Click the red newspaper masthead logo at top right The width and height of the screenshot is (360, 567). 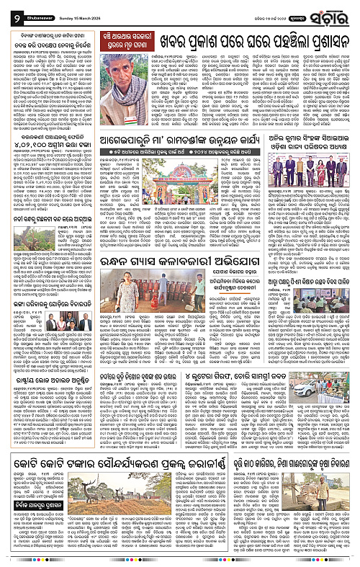(328, 10)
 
